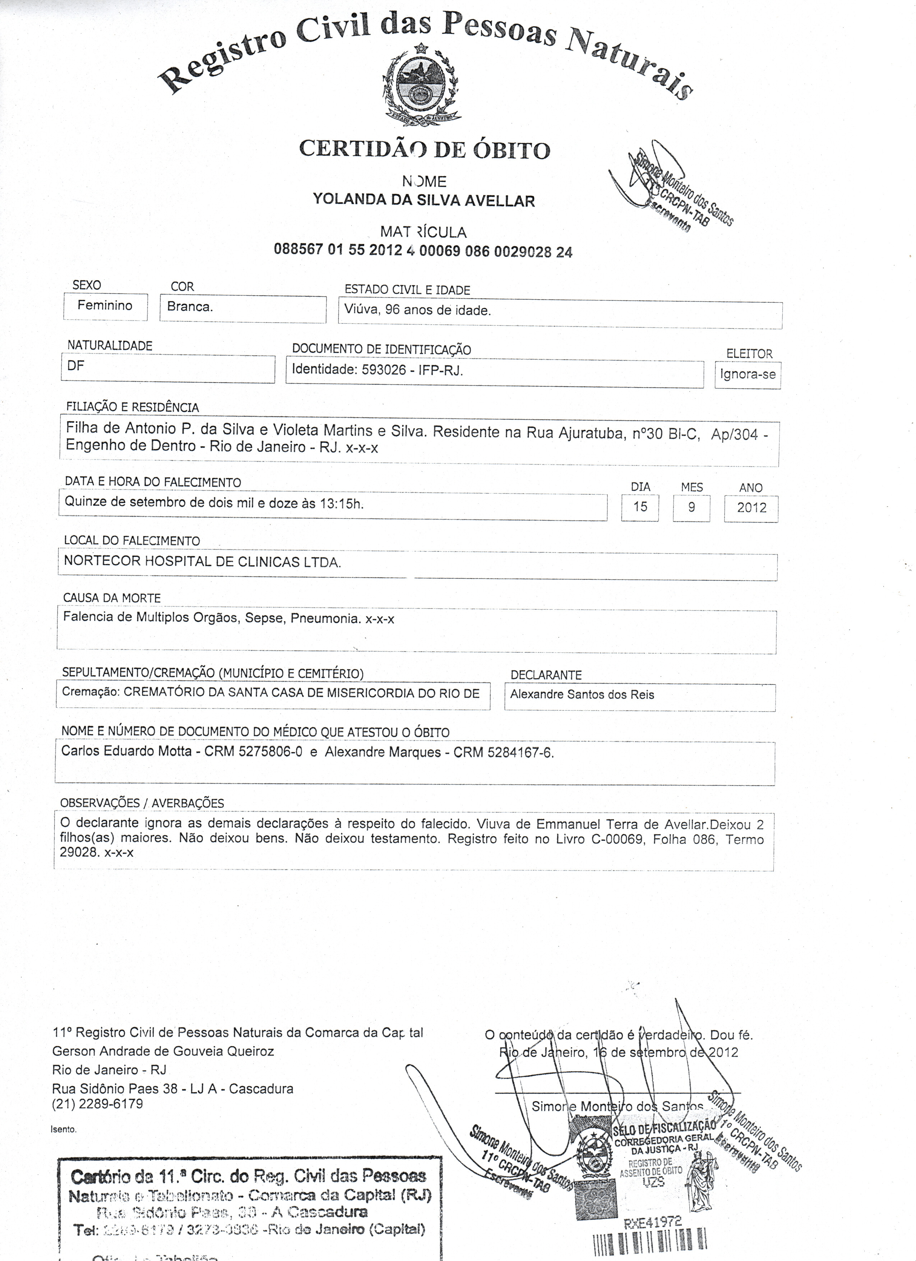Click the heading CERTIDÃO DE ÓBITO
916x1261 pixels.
[425, 149]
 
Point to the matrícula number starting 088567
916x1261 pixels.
[422, 250]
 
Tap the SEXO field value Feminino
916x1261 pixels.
[105, 305]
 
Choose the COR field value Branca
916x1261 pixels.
[190, 307]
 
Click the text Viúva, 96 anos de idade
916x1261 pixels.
[417, 310]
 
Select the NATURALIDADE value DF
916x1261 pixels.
[76, 366]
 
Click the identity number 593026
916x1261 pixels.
[384, 370]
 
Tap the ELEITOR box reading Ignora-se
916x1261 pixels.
[747, 374]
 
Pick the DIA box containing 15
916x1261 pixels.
[640, 507]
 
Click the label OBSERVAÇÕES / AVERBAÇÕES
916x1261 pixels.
[142, 803]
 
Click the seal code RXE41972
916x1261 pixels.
[653, 1222]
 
